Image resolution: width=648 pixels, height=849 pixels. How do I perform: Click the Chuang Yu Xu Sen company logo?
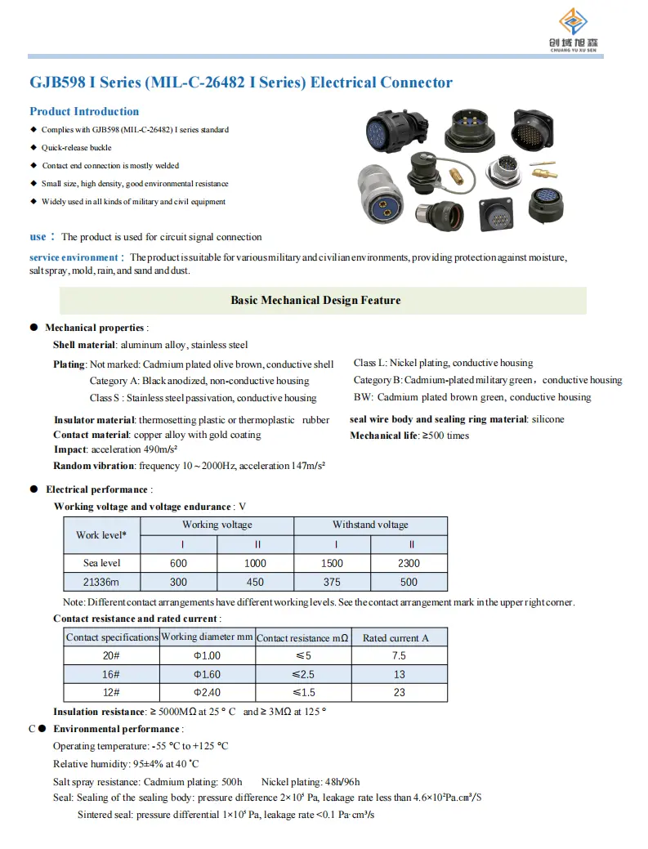pos(578,30)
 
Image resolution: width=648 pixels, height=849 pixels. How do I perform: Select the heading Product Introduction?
pos(84,111)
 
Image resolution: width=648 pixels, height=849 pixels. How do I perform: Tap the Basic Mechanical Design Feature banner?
pos(315,301)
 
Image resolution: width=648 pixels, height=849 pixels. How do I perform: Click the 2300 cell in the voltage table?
pos(409,563)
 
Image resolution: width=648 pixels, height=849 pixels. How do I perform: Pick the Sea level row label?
pos(102,563)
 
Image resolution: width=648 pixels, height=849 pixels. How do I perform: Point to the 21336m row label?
pos(102,582)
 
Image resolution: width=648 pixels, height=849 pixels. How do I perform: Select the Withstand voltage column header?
pos(370,525)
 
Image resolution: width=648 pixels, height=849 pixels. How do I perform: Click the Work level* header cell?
pos(102,535)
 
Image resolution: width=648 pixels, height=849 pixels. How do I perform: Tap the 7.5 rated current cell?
pos(399,655)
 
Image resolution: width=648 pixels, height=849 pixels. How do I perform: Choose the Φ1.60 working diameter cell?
pos(207,674)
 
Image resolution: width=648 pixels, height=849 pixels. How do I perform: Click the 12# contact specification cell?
pos(111,693)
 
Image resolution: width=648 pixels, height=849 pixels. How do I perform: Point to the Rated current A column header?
pos(396,637)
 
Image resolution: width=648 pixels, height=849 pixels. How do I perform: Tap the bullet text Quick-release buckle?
pos(76,148)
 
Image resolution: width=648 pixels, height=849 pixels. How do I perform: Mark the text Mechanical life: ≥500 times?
pos(409,436)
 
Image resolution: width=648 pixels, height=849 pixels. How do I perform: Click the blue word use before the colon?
pos(38,237)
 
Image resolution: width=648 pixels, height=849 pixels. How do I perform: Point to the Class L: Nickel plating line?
pos(443,363)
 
